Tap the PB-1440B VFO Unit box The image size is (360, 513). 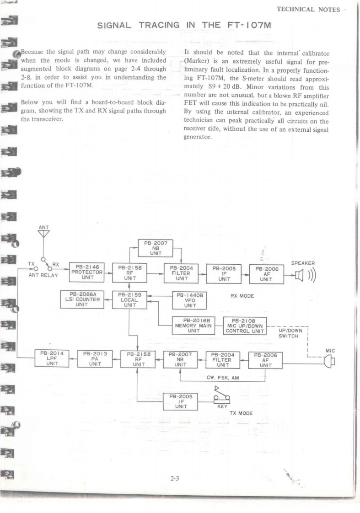click(190, 300)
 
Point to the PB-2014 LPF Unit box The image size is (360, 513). click(52, 358)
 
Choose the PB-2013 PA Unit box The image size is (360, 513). click(95, 358)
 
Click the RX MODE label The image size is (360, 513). click(242, 296)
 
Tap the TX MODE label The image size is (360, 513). click(241, 413)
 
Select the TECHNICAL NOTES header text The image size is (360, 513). click(308, 10)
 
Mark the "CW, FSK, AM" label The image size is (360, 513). click(223, 378)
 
